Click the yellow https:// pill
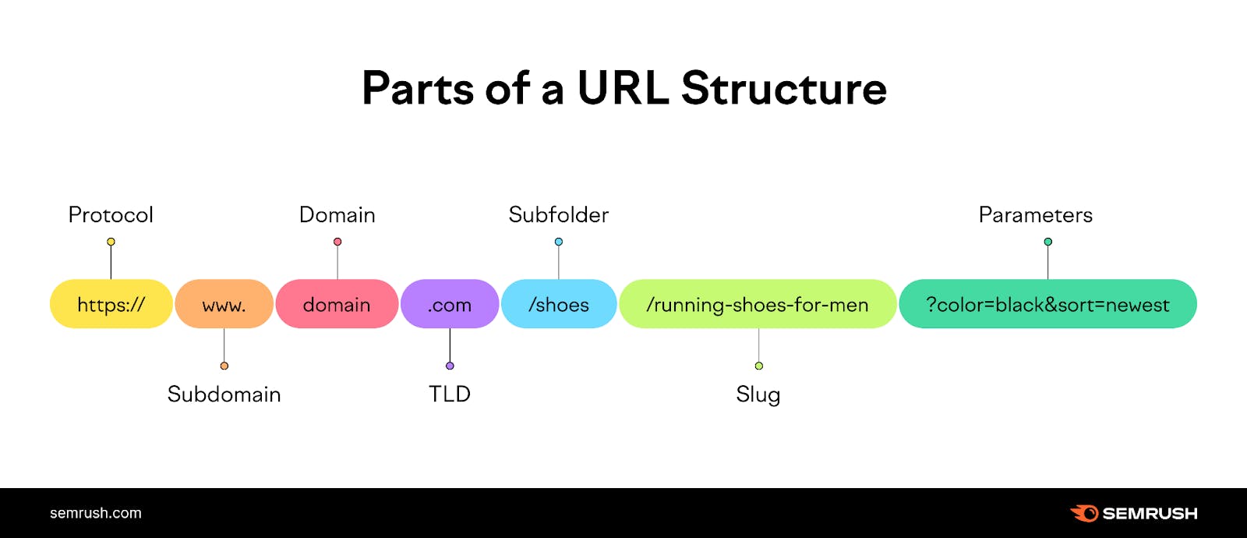(111, 304)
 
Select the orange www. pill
(224, 304)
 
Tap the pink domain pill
(337, 304)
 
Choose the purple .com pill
(450, 304)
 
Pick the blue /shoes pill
(559, 304)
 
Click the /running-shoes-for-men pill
(758, 304)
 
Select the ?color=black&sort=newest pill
(1047, 304)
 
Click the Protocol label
(111, 214)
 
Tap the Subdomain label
(224, 394)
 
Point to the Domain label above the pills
(337, 214)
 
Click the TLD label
(450, 394)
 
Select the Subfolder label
(559, 214)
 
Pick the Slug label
(758, 395)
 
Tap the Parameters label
(1036, 214)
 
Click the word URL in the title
(623, 88)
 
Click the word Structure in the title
(784, 88)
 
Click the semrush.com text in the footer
(96, 513)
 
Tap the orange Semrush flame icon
(1084, 513)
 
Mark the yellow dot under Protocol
(111, 242)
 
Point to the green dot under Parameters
(1048, 242)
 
